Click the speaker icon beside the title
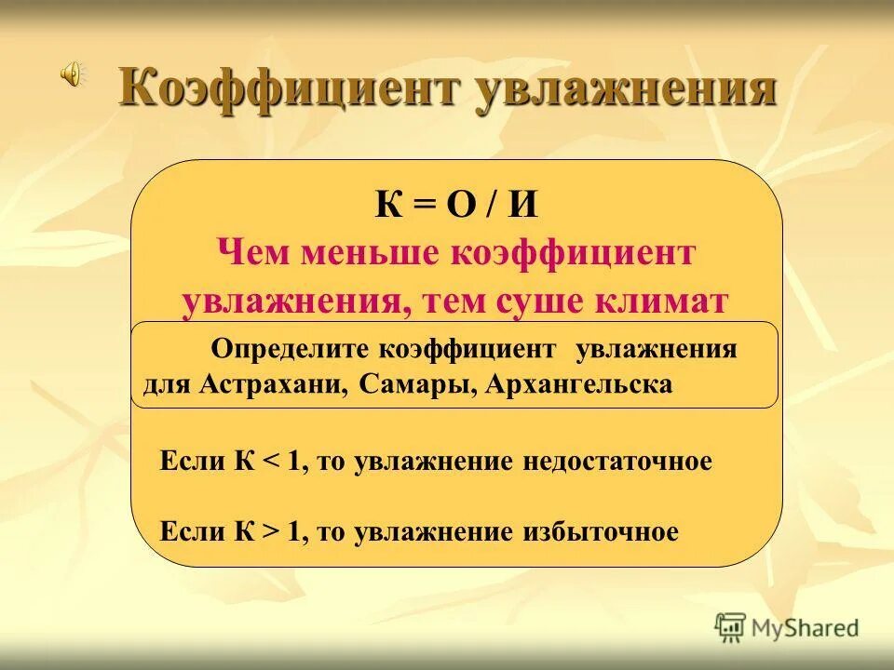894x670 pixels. pyautogui.click(x=72, y=75)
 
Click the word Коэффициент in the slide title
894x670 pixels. pyautogui.click(x=289, y=90)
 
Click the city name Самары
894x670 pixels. pyautogui.click(x=416, y=384)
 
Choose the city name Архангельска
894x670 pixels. pyautogui.click(x=578, y=384)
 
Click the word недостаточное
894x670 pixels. pyautogui.click(x=616, y=462)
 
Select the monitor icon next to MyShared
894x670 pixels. pyautogui.click(x=732, y=628)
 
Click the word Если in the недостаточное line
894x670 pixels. pyautogui.click(x=190, y=462)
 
